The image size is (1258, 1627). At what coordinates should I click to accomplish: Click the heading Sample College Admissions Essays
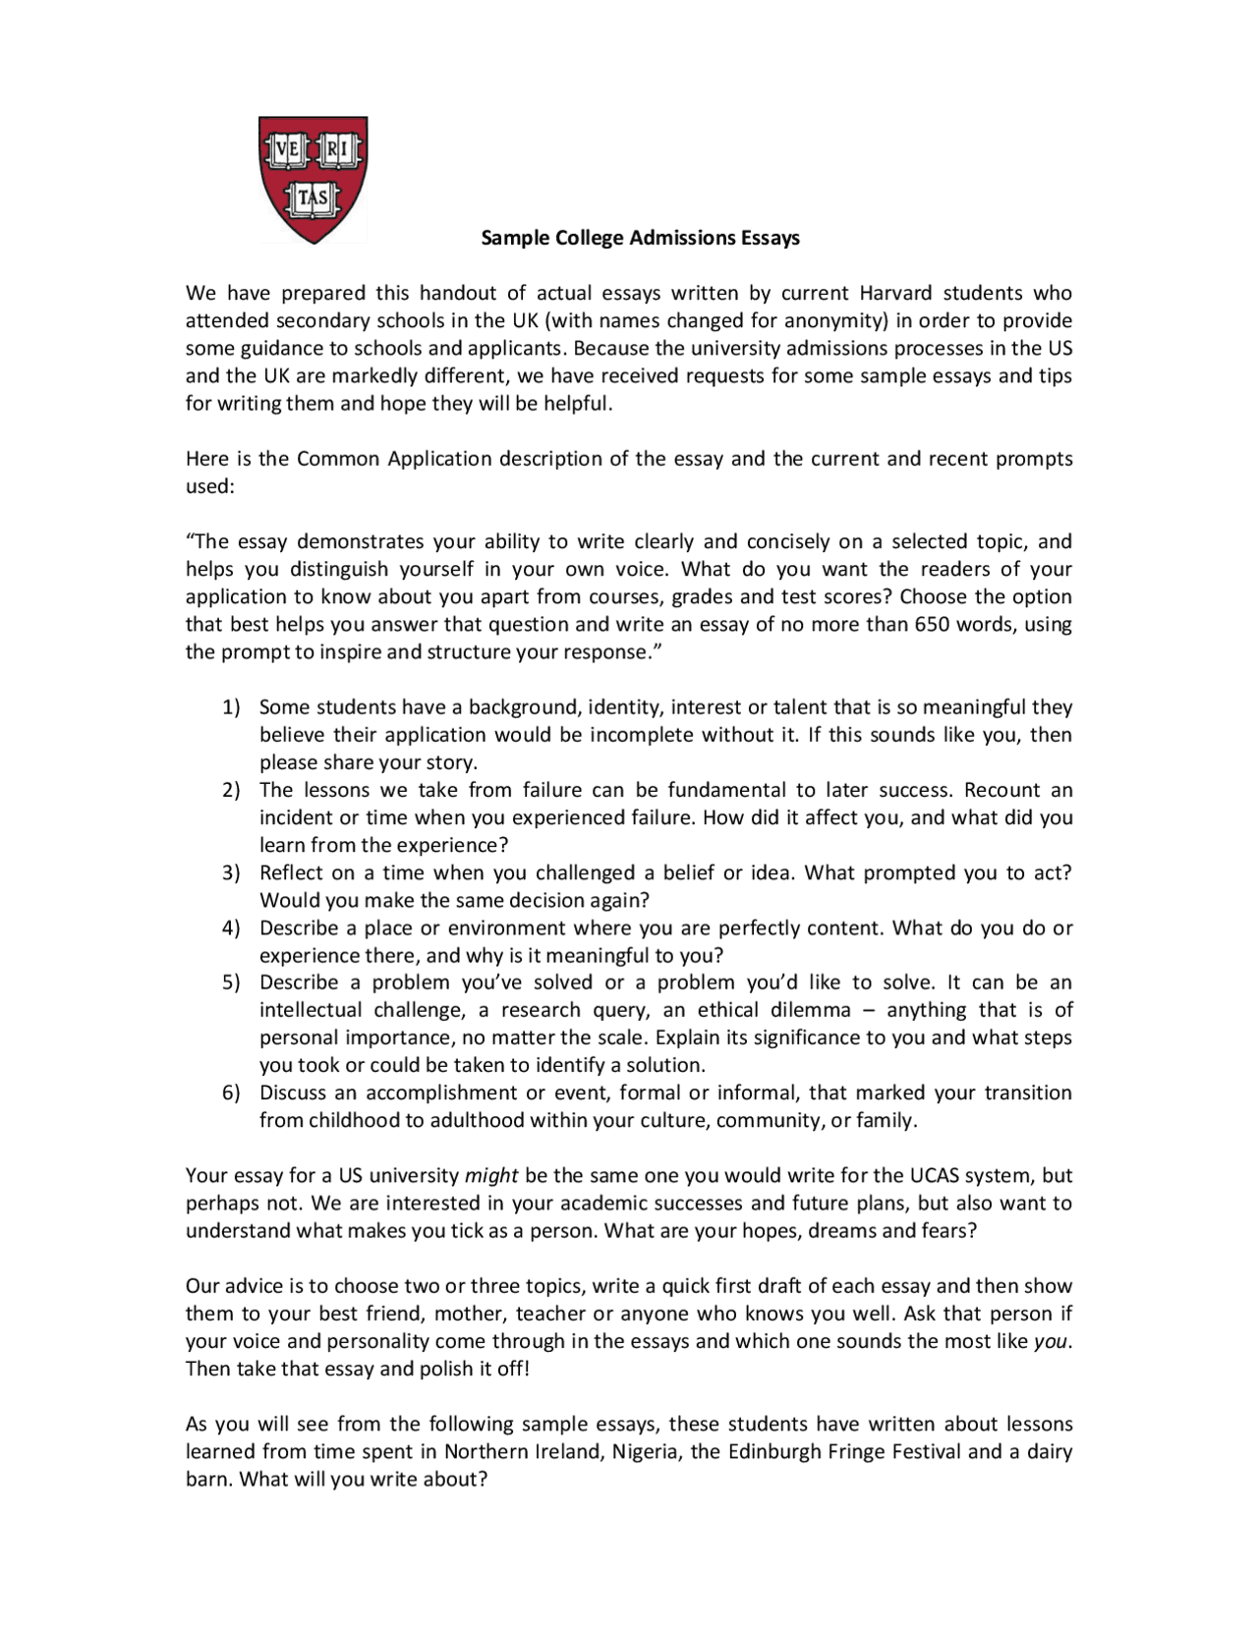point(640,238)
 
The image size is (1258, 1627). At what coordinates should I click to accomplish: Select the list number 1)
point(231,707)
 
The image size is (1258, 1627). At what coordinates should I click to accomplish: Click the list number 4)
point(231,927)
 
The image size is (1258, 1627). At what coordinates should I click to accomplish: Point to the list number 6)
point(231,1093)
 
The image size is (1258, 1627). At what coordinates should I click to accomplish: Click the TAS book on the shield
point(313,198)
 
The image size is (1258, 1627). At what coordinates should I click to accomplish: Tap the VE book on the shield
point(286,149)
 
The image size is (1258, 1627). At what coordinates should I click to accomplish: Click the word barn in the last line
point(208,1479)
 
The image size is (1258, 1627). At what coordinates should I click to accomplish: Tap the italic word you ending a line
point(1051,1341)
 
